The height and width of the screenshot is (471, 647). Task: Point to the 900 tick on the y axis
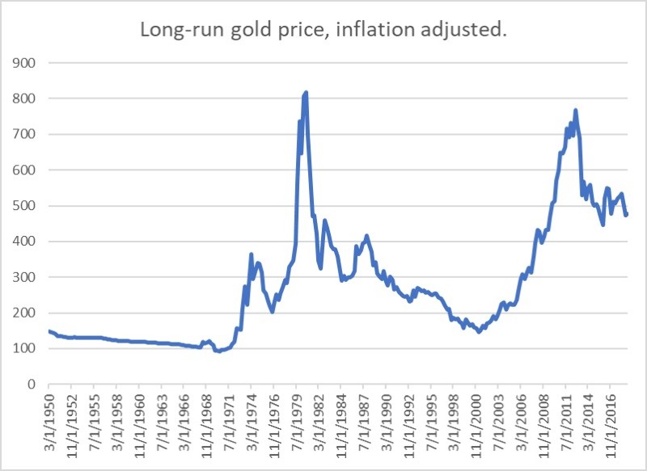tap(26, 63)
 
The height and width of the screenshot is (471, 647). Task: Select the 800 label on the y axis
tap(26, 99)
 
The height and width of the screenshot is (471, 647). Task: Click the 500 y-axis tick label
tap(26, 206)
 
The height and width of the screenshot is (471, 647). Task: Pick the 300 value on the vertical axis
tap(26, 277)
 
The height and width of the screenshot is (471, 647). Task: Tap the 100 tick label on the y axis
tap(26, 348)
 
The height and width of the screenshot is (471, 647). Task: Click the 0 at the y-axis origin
tap(33, 385)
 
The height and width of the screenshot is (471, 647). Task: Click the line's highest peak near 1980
tap(306, 93)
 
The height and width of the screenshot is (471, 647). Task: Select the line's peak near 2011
tap(576, 110)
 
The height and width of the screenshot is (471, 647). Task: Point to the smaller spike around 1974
tap(252, 254)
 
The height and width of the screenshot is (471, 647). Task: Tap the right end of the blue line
tap(627, 214)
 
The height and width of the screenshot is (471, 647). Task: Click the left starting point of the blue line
tap(49, 331)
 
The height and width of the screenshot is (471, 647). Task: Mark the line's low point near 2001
tap(479, 331)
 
